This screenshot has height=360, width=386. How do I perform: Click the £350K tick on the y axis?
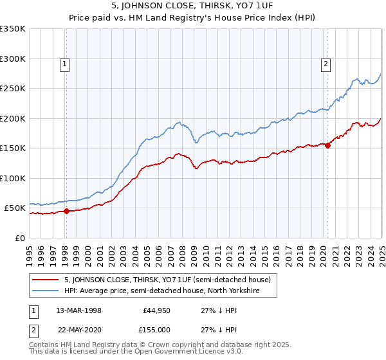(13, 29)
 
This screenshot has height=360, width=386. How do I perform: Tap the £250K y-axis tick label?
(13, 89)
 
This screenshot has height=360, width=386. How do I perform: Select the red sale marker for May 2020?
(327, 145)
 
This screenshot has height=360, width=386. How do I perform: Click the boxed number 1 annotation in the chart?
(66, 64)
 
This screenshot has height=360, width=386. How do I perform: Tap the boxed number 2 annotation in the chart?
(326, 64)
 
